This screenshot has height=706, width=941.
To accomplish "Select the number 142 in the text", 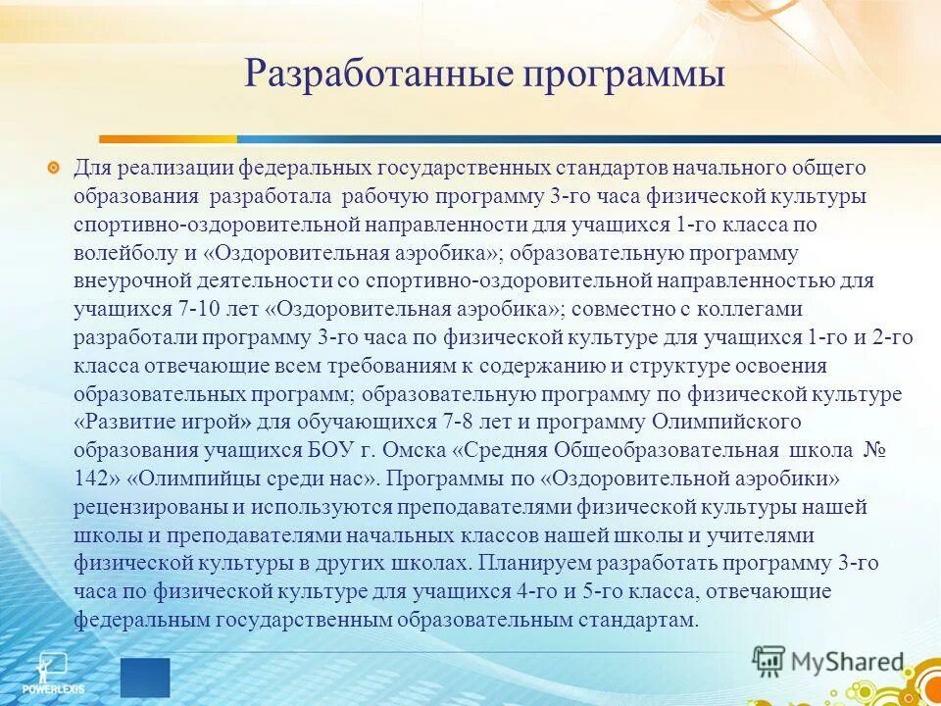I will point(92,479).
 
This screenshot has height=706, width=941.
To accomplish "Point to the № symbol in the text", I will point(873,451).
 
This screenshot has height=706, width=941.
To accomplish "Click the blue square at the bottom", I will point(145,677).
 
